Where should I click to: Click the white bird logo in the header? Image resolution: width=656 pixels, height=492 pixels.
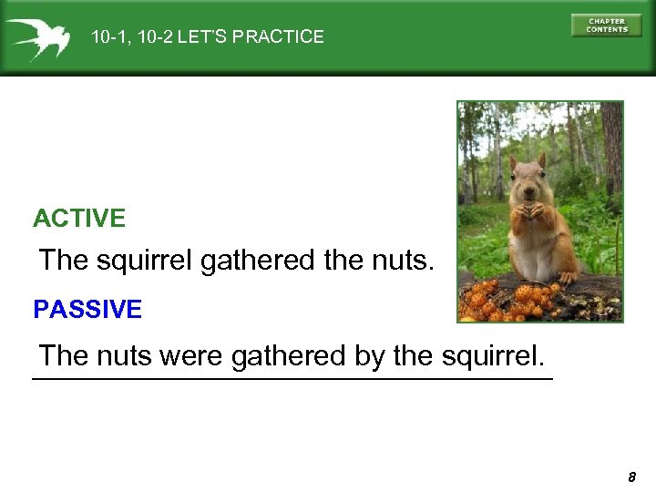[x=36, y=38]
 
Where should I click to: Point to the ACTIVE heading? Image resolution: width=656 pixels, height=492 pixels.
[x=79, y=219]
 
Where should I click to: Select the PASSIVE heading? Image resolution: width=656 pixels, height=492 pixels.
[x=87, y=310]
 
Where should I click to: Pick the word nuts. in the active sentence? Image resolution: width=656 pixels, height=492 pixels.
[x=402, y=261]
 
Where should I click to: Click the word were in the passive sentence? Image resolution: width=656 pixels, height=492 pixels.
[x=190, y=355]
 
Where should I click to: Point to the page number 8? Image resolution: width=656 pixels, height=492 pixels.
[x=631, y=477]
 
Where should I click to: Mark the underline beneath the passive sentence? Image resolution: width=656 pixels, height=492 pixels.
[x=292, y=378]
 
